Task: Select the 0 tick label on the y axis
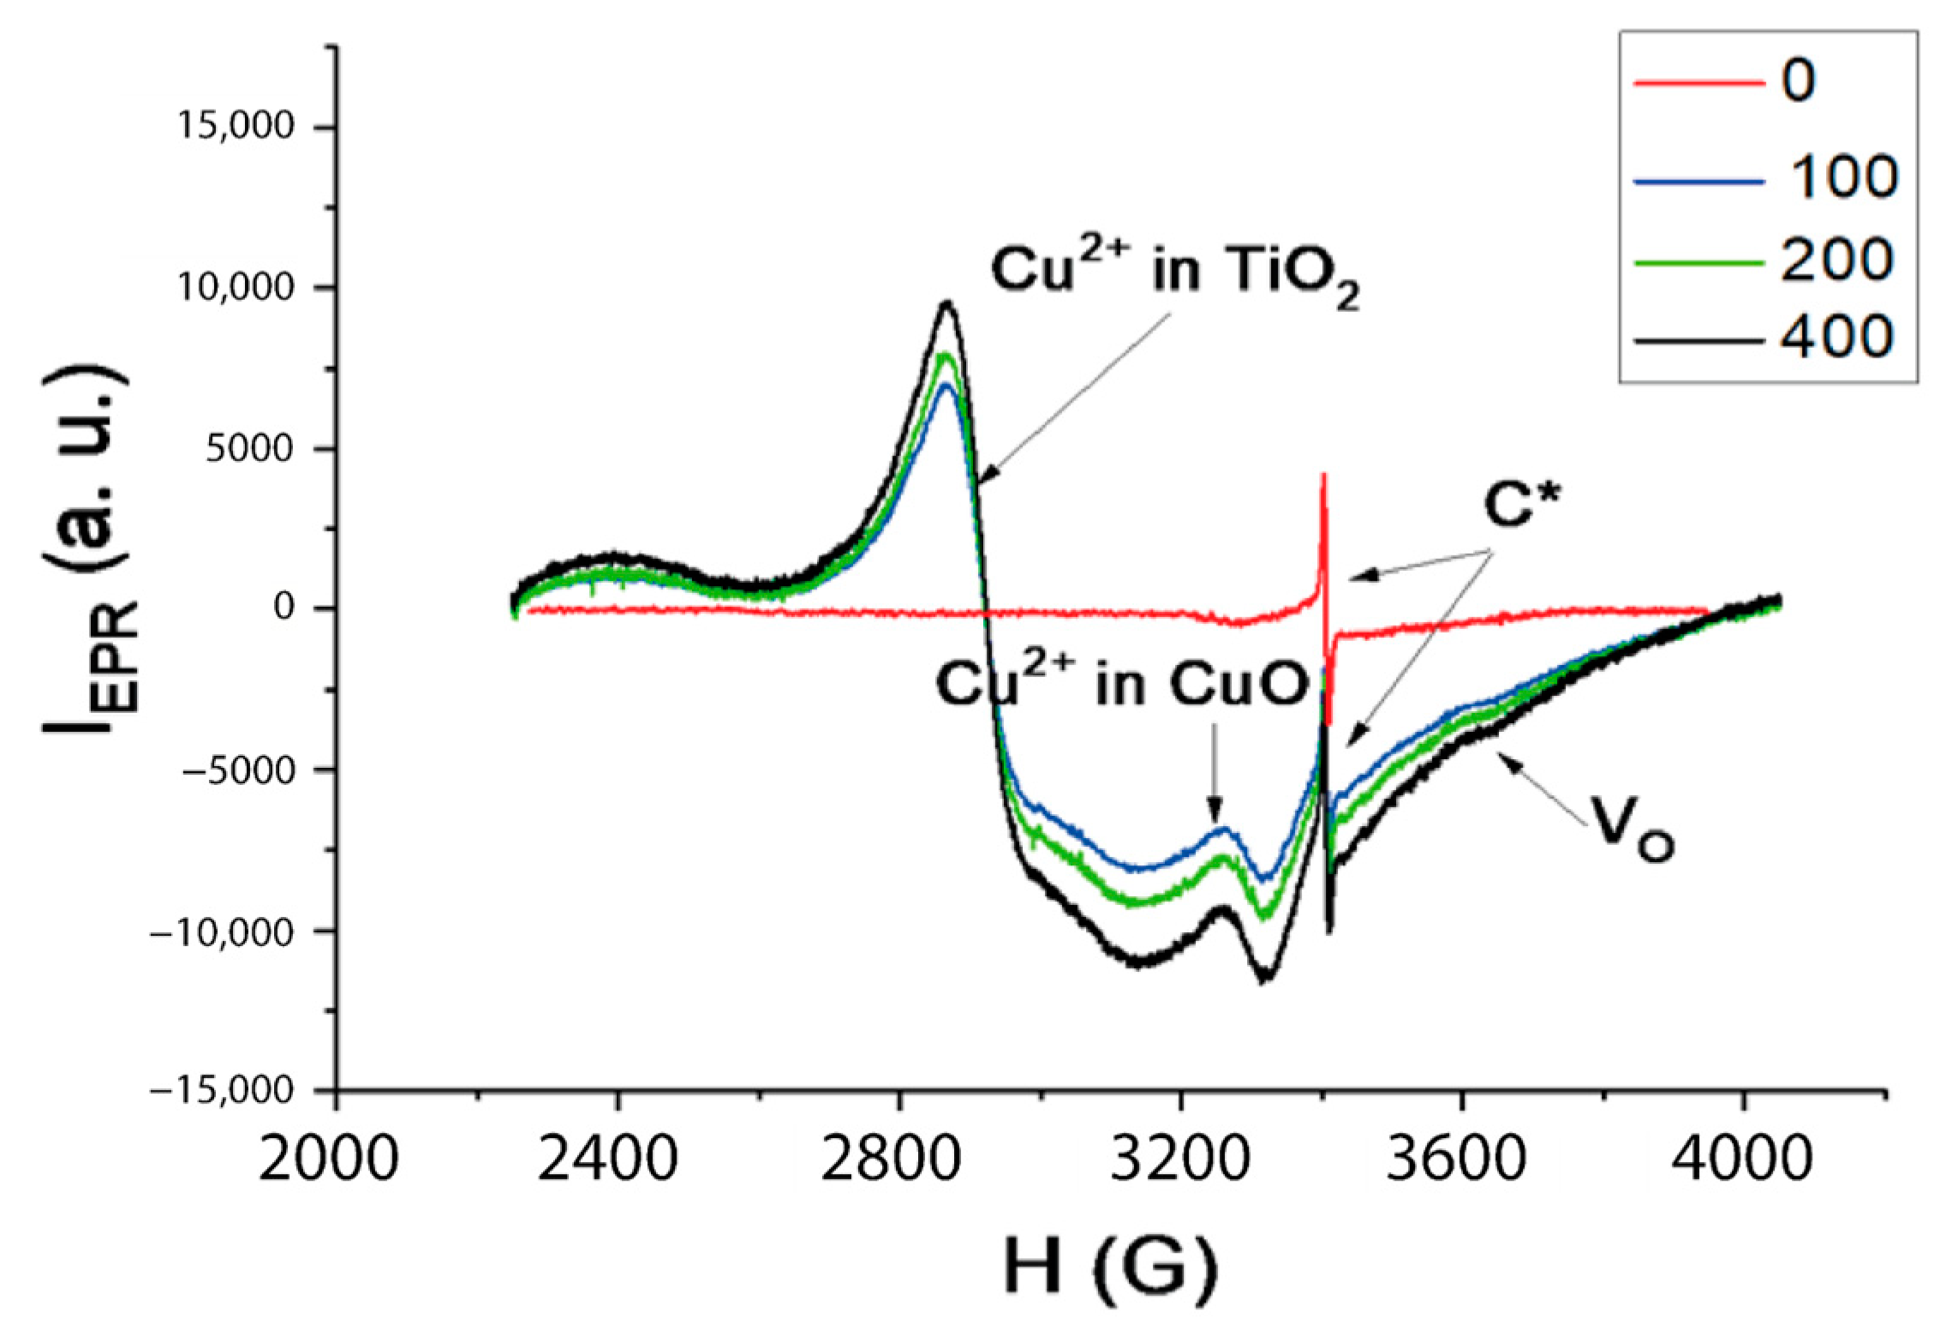284,608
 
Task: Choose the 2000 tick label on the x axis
335,1161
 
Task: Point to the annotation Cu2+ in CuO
1122,686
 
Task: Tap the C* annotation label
1519,510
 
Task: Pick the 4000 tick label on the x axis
1742,1161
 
